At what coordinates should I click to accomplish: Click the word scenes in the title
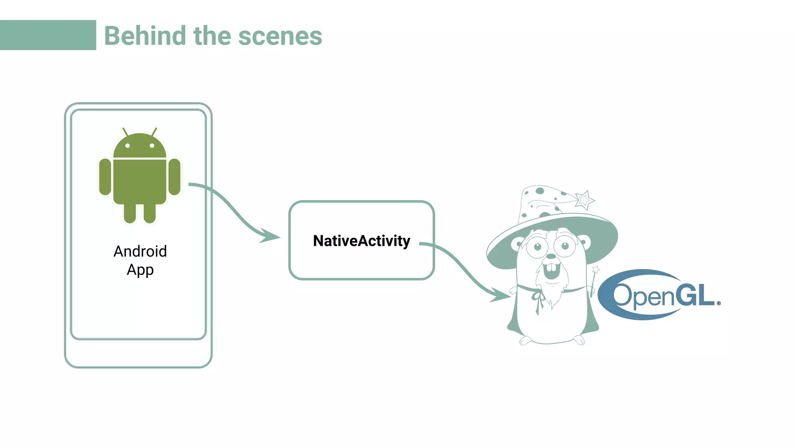click(x=280, y=37)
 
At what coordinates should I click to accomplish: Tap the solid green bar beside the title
click(x=48, y=35)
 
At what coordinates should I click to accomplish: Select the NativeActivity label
click(x=362, y=241)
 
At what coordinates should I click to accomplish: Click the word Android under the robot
click(x=140, y=252)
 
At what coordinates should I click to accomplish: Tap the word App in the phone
click(x=140, y=270)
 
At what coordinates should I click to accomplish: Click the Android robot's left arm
click(x=105, y=177)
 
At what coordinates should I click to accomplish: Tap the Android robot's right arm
click(x=174, y=177)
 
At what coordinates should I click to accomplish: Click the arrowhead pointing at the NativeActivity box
click(x=270, y=236)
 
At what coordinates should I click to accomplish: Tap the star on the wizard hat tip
click(x=584, y=200)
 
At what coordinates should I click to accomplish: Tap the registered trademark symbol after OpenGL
click(x=718, y=303)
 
